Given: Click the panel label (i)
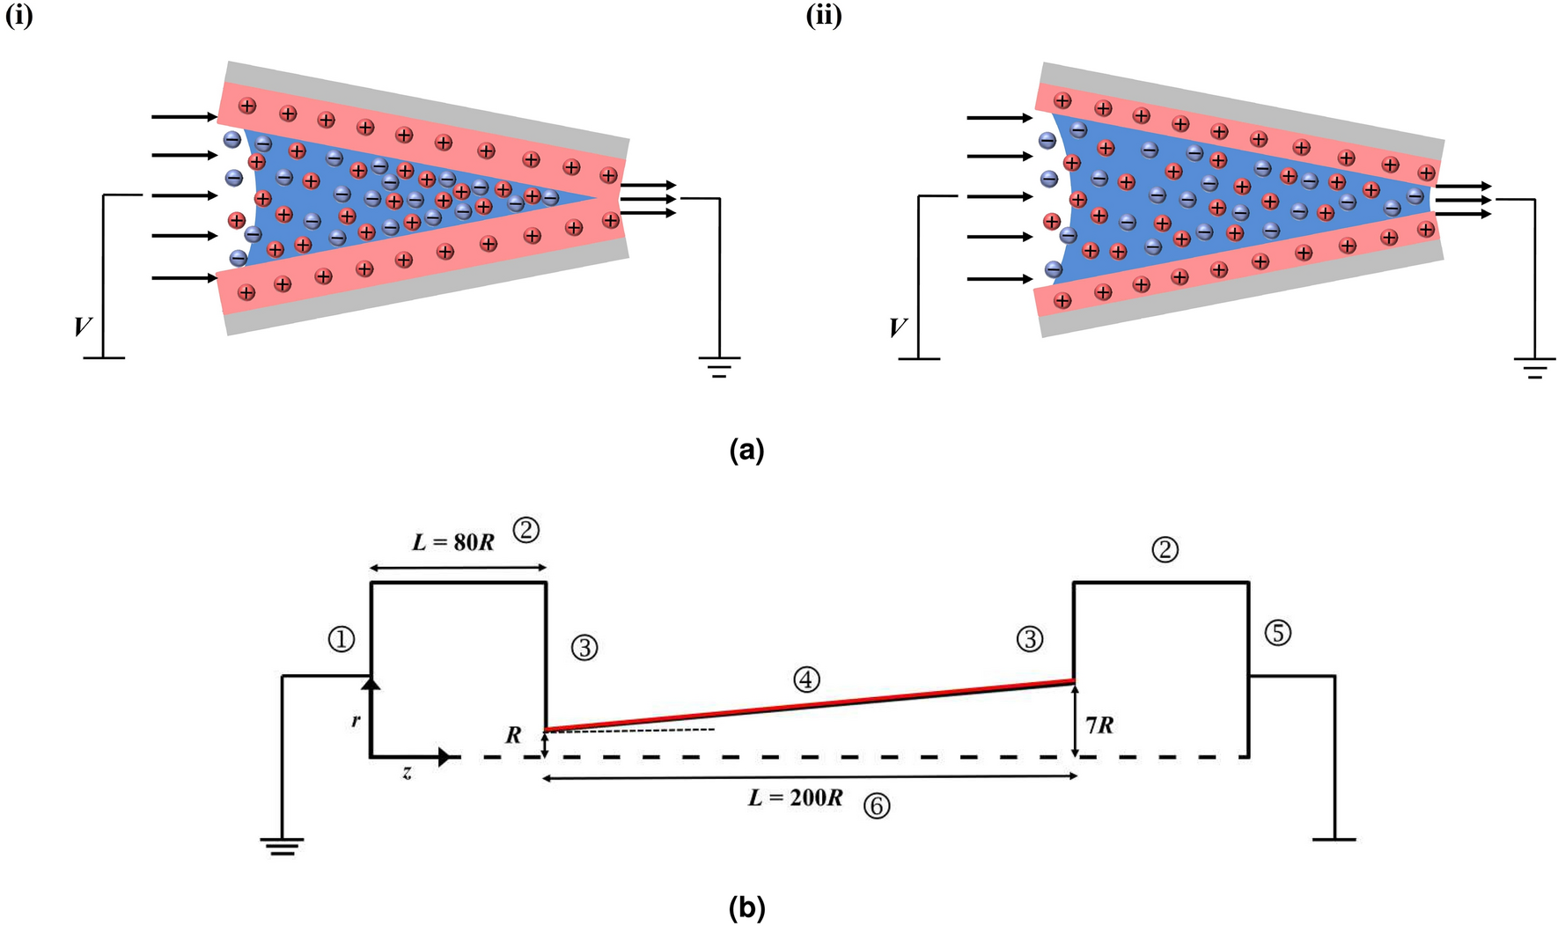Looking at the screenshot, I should pos(18,16).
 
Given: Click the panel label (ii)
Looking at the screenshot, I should pos(823,16).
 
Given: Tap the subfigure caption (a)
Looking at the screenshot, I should pos(746,451).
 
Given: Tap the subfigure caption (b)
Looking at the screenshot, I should pos(746,907).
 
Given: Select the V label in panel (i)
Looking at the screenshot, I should pos(82,327).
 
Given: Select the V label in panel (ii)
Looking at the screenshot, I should pos(897,328).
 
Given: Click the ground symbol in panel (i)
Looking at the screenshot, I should pos(719,366).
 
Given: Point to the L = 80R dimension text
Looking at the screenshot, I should pos(453,541).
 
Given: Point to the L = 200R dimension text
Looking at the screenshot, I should pos(795,798).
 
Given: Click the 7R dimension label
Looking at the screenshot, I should pos(1099,725).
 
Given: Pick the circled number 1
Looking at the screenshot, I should pos(342,639).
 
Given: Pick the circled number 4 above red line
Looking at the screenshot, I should pos(806,679).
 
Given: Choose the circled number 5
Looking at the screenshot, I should pos(1277,632).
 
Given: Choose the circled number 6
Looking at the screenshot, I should pos(876,805).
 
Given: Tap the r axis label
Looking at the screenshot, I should pos(356,720).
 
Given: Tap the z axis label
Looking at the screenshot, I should pos(407,775).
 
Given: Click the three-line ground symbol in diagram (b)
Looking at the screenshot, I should pos(282,847).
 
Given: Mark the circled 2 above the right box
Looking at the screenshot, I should pos(1165,550).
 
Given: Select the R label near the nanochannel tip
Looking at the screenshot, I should pos(513,735).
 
